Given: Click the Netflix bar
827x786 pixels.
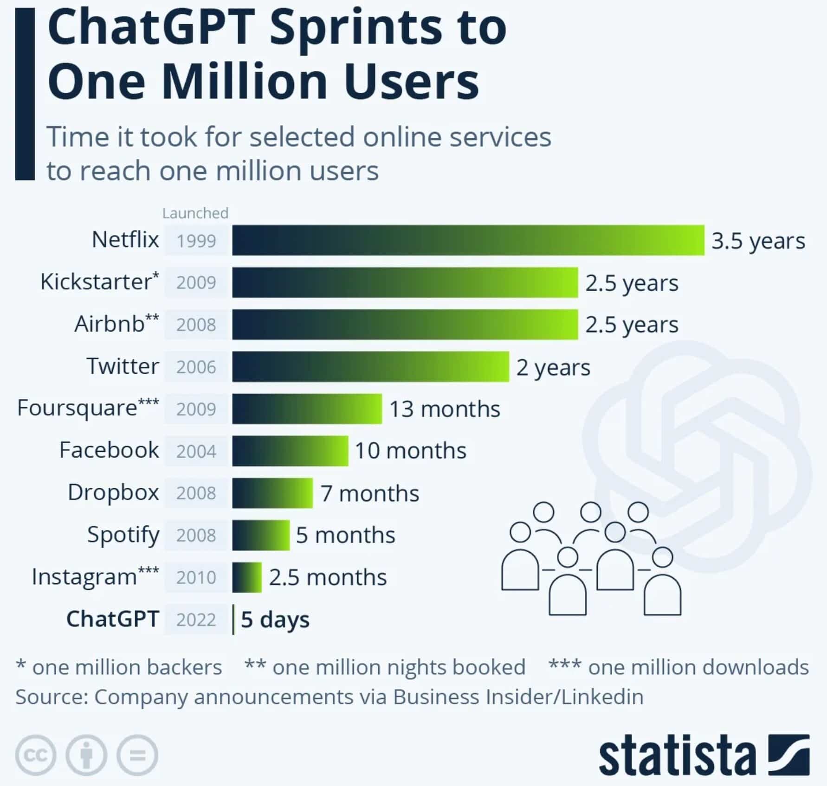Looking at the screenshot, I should [x=468, y=240].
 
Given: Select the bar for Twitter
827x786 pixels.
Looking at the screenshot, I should [x=370, y=367].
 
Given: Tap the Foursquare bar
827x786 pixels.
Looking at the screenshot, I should [x=307, y=409].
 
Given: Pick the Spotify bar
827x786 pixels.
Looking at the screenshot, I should [x=260, y=535].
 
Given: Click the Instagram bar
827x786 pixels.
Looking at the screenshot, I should [x=246, y=577].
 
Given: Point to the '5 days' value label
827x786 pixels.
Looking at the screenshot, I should [x=275, y=620].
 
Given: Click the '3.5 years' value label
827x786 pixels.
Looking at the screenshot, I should [x=758, y=241].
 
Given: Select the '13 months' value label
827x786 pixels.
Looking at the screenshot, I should [x=444, y=409].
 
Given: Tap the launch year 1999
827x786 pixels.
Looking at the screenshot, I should [x=196, y=241].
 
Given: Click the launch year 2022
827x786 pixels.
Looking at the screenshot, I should [x=196, y=620].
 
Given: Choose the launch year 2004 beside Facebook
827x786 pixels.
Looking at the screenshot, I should [x=196, y=451].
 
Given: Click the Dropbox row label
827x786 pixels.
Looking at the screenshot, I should [x=113, y=492].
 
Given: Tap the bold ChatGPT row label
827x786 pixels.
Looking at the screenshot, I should [x=113, y=619].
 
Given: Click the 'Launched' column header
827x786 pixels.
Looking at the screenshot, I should [x=195, y=213].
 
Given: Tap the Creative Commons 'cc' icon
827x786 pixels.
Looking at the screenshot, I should [x=36, y=755].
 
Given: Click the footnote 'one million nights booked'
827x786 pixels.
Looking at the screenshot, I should [x=399, y=667].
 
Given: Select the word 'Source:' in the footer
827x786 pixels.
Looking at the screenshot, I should [x=52, y=697].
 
